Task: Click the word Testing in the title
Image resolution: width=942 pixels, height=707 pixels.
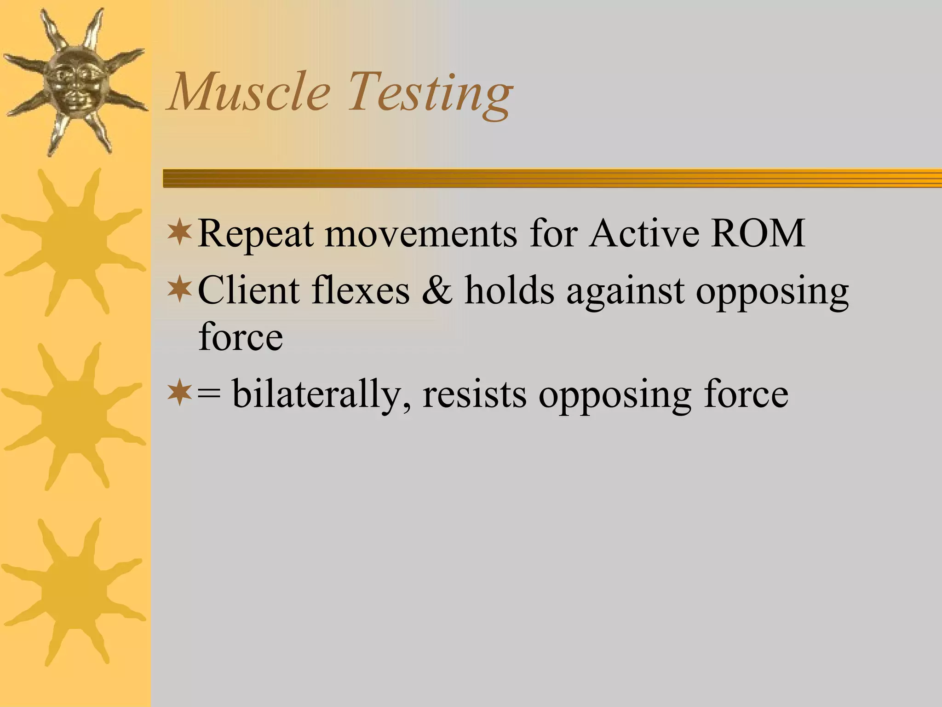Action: point(430,94)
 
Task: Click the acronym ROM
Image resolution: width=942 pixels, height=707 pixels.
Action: point(758,233)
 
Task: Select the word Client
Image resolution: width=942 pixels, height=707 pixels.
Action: point(248,291)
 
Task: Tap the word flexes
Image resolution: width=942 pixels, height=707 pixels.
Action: point(360,291)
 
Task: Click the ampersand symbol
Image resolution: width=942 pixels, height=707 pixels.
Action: point(437,291)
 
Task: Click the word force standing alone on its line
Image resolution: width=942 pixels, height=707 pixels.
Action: point(241,337)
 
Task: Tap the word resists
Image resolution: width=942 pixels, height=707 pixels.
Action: point(475,394)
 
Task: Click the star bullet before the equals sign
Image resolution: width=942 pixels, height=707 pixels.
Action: point(179,393)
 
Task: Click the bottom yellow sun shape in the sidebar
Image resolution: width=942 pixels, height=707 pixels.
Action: point(74,591)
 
